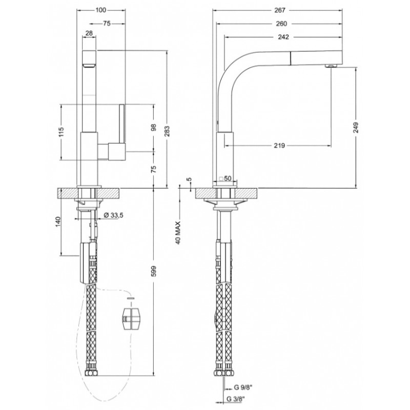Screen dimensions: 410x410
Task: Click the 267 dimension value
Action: tap(280, 10)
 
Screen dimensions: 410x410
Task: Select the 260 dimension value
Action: tap(281, 24)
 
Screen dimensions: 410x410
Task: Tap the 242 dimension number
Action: tap(283, 37)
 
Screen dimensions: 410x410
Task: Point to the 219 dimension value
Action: tap(279, 146)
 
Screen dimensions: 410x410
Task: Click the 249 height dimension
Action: tap(356, 128)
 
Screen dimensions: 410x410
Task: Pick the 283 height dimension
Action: tap(168, 131)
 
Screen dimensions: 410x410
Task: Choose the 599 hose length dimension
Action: tap(154, 271)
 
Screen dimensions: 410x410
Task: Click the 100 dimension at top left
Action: tap(100, 10)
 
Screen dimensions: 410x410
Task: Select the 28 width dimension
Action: tap(89, 33)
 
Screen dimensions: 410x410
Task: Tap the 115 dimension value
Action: tap(61, 132)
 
